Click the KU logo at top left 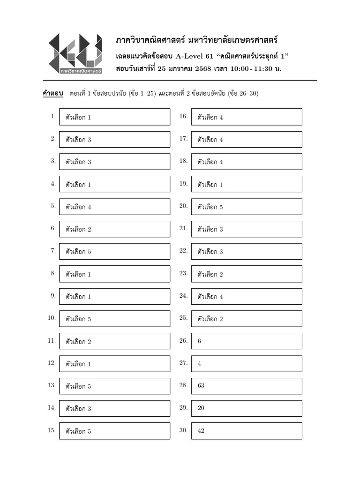75,54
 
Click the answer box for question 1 114,117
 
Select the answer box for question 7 114,251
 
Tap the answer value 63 201,386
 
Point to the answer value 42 201,431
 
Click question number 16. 183,116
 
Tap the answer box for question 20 247,207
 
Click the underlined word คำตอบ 53,93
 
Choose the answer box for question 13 114,386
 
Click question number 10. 52,318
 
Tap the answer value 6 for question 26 199,341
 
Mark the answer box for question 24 247,296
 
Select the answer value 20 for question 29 201,408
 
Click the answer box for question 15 114,431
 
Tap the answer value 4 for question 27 199,363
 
